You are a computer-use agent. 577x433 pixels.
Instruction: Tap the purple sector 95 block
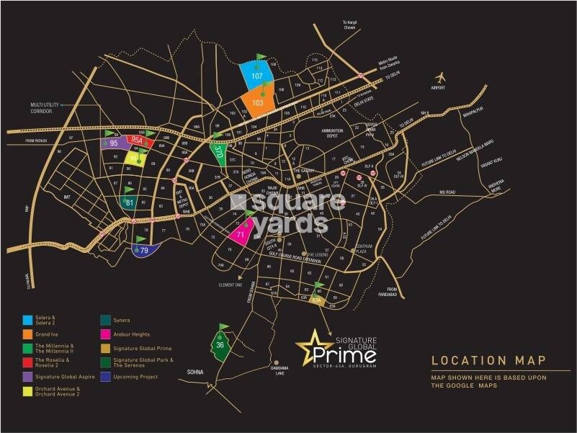pos(114,143)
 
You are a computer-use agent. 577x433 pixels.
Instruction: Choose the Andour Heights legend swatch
pos(105,334)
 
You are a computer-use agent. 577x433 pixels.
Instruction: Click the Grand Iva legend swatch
pos(27,334)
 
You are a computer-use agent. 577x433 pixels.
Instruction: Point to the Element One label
pos(231,285)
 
